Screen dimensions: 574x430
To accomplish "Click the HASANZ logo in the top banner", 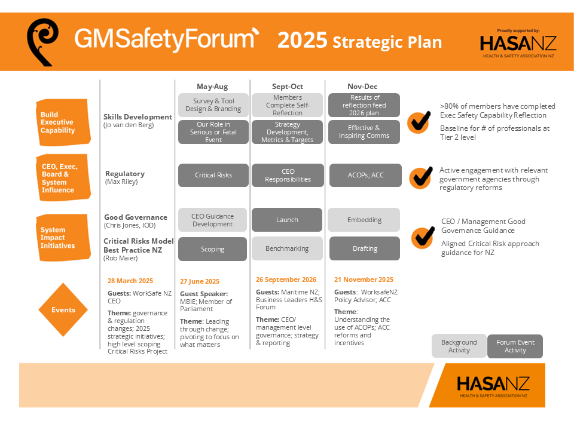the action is point(518,44).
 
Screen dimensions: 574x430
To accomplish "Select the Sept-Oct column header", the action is point(288,86).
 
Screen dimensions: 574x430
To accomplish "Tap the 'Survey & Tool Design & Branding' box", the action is point(213,105).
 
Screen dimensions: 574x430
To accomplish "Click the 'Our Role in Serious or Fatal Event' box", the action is point(213,132).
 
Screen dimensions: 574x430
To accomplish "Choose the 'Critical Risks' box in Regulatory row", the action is point(213,175).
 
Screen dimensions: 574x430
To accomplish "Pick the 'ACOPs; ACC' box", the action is point(365,175).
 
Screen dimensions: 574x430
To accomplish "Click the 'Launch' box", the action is point(287,220).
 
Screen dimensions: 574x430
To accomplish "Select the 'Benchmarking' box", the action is point(287,248).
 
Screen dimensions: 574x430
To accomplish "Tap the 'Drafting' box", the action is point(365,248).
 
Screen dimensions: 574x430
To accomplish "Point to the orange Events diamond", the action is point(63,310).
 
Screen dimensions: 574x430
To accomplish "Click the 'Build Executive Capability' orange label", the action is point(63,122).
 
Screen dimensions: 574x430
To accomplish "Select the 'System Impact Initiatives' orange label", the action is point(63,238).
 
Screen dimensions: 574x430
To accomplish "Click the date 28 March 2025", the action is point(130,281).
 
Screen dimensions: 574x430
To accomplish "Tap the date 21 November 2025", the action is point(364,279).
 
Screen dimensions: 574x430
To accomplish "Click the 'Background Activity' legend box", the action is point(459,346).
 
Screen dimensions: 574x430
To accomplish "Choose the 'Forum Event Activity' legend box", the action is point(515,346).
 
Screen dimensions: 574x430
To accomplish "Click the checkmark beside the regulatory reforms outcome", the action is point(421,178).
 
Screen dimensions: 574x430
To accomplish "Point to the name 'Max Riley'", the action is point(121,182).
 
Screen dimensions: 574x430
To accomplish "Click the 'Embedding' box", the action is point(364,220).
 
